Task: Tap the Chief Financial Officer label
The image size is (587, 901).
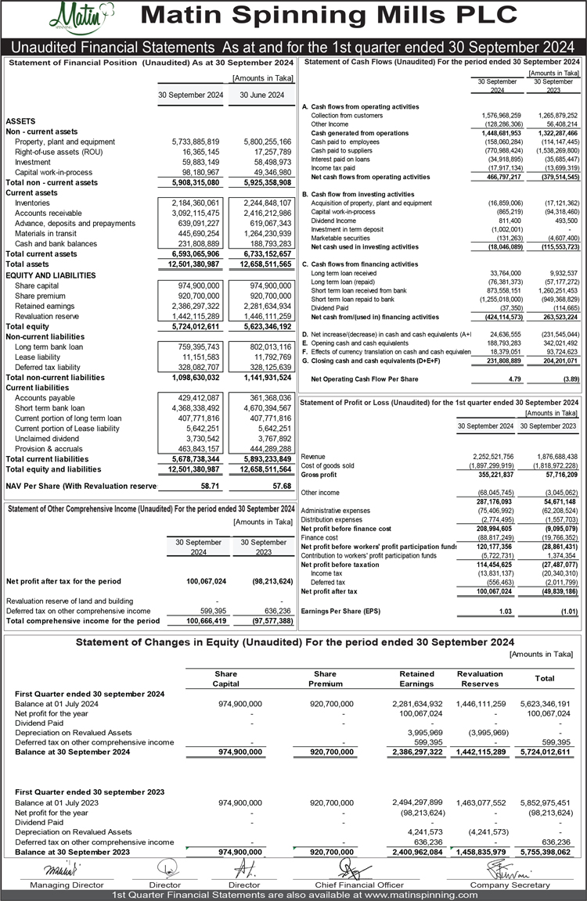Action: point(348,885)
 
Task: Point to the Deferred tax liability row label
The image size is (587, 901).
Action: point(49,367)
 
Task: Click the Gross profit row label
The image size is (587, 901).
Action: point(321,475)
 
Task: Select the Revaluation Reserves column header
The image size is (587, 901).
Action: point(480,678)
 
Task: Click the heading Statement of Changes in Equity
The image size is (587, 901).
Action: point(294,642)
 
